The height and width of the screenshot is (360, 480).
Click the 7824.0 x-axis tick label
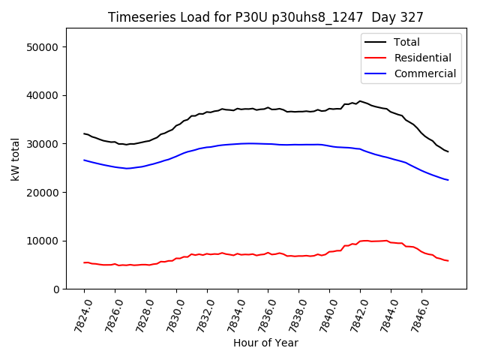click(x=77, y=310)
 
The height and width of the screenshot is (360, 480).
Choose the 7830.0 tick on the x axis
click(x=169, y=310)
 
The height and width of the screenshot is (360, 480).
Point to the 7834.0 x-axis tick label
click(x=231, y=310)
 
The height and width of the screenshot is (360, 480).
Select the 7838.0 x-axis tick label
click(x=292, y=310)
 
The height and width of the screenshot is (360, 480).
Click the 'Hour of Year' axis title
click(x=265, y=343)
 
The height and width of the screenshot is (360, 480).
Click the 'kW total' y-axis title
click(x=15, y=159)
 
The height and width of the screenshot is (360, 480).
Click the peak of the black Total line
click(x=360, y=101)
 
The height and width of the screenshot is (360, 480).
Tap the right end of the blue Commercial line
click(x=448, y=180)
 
